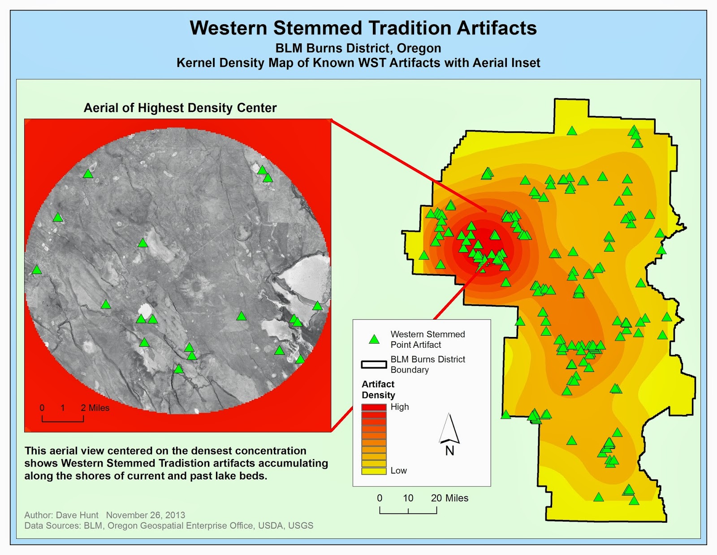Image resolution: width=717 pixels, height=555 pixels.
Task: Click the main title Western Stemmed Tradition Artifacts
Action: [x=363, y=28]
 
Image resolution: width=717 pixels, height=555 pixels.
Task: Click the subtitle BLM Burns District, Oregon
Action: [x=358, y=48]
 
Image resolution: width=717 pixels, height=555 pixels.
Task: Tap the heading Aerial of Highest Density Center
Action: [x=180, y=108]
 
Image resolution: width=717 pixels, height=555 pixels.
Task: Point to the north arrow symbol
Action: [x=449, y=428]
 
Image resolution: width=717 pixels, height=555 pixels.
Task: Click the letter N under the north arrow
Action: [x=449, y=450]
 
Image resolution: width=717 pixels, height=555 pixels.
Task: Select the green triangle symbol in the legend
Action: [x=374, y=339]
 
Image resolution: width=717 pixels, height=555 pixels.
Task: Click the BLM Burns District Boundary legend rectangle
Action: [x=374, y=364]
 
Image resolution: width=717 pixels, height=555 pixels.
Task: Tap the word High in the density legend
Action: [x=400, y=407]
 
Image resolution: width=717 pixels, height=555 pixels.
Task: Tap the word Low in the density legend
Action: [x=398, y=471]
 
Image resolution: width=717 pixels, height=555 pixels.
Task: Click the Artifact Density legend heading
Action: [x=378, y=389]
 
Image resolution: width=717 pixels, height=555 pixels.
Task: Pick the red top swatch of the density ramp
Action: [x=374, y=407]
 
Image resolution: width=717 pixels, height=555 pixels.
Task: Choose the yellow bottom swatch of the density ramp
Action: [x=374, y=471]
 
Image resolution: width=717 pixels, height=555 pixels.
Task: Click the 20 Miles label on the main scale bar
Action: [x=449, y=498]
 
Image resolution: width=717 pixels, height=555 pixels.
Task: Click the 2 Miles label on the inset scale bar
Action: [x=95, y=408]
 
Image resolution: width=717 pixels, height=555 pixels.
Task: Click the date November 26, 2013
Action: [x=146, y=515]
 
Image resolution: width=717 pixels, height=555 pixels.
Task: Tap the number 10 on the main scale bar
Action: [x=408, y=498]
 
